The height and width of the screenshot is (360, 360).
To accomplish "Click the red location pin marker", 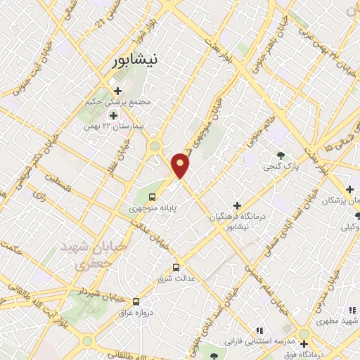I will [x=181, y=165].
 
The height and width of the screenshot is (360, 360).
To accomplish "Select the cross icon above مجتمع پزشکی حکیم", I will [x=117, y=91].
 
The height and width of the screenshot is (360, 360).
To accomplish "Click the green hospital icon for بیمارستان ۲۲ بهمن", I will [x=112, y=115].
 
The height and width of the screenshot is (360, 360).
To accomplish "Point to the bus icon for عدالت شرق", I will [x=176, y=267].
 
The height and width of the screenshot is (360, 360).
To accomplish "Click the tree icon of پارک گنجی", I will [x=281, y=155].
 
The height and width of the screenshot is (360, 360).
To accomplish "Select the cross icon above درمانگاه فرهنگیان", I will [x=237, y=205].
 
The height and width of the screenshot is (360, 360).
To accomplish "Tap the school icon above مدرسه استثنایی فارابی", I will [x=259, y=330].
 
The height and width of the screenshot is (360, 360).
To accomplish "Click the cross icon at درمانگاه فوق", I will [x=304, y=345].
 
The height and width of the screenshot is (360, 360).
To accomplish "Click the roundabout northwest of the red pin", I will [x=154, y=147].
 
